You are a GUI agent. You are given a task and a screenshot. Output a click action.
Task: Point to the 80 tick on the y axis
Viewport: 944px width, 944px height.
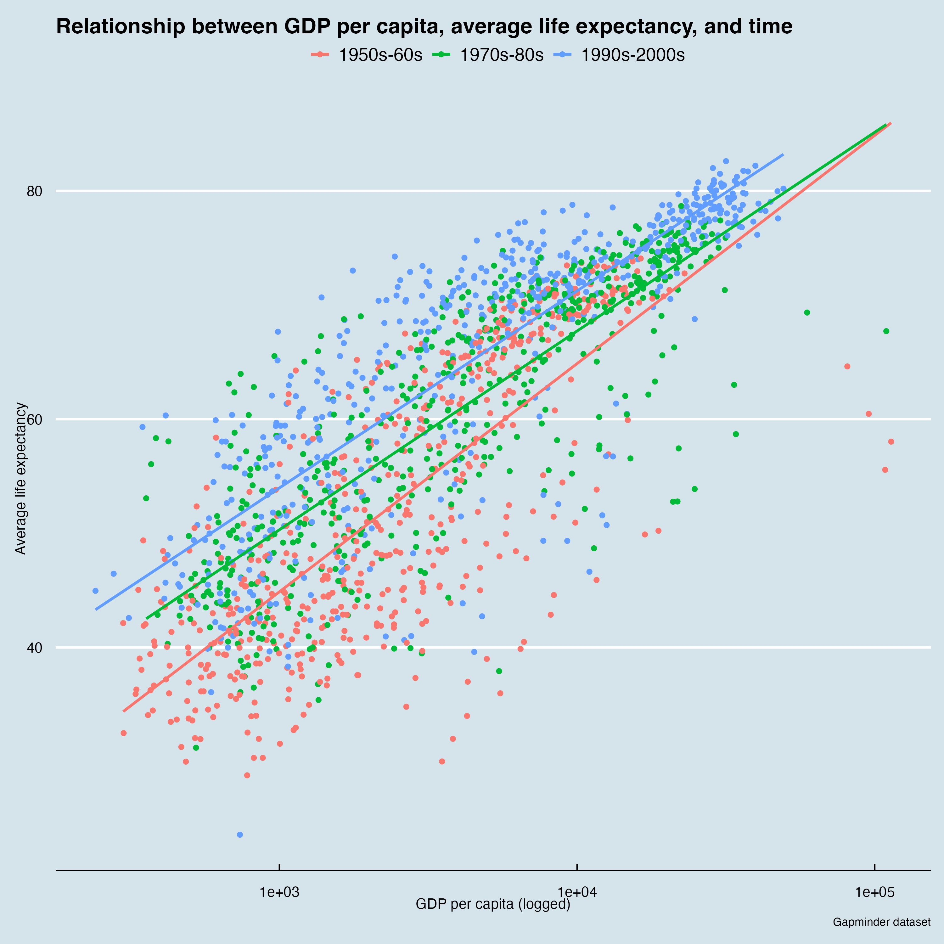click(35, 191)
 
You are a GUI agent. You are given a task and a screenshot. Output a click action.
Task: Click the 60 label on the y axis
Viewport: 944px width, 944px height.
click(35, 419)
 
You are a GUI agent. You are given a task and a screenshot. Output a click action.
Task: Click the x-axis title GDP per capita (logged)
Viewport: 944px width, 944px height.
click(493, 904)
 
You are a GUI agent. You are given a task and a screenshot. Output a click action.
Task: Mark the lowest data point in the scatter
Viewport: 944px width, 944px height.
click(239, 834)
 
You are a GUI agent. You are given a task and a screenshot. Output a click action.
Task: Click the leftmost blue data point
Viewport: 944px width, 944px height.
click(95, 591)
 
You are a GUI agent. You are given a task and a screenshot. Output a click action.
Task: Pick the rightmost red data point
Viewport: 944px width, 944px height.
click(891, 442)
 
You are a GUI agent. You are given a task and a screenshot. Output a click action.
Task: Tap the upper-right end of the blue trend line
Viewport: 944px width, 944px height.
click(783, 155)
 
